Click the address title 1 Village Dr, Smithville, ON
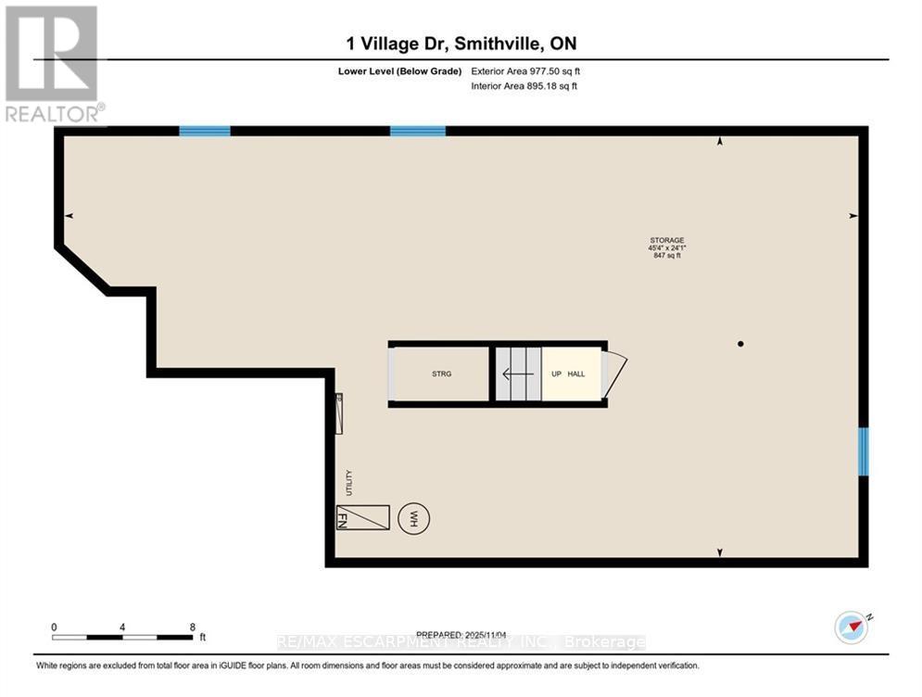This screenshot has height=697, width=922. (461, 44)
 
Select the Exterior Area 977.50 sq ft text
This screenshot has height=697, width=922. (525, 70)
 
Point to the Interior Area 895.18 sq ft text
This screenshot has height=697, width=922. (525, 86)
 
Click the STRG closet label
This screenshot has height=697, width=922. (441, 374)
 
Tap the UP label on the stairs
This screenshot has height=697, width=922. (556, 374)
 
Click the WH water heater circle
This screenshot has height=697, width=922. (409, 517)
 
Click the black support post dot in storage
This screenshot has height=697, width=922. (740, 344)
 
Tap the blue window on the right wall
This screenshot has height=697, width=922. (863, 451)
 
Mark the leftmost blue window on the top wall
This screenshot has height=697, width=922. (204, 131)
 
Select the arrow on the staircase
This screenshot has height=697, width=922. (517, 374)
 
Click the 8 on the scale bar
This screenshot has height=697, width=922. (192, 627)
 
